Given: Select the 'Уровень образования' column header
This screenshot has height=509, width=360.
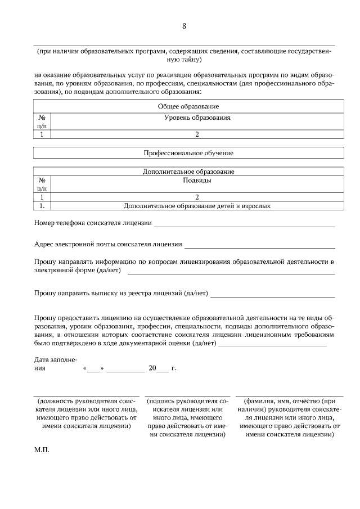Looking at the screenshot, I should pyautogui.click(x=197, y=118).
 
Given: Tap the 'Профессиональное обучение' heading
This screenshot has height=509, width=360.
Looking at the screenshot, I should pyautogui.click(x=188, y=152).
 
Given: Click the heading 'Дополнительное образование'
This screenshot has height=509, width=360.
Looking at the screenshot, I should pyautogui.click(x=188, y=171).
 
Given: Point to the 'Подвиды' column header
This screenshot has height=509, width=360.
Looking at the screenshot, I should pyautogui.click(x=197, y=181).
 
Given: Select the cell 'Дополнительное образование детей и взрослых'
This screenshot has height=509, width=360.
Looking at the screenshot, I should pyautogui.click(x=197, y=206).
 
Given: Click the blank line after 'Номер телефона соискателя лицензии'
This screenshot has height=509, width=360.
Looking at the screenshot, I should pyautogui.click(x=244, y=225).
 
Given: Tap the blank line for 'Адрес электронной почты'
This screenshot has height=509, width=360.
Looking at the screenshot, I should pyautogui.click(x=259, y=246).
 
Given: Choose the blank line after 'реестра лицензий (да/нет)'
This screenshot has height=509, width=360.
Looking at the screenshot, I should pyautogui.click(x=272, y=295).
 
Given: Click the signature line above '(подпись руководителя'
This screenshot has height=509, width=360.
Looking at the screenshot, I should pyautogui.click(x=188, y=396).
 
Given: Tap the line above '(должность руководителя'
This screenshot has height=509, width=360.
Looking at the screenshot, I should pyautogui.click(x=86, y=396).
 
